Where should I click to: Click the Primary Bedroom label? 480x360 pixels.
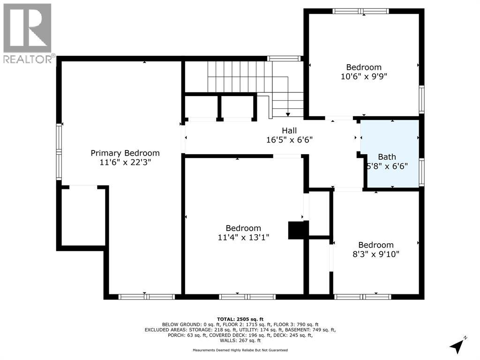pyautogui.click(x=125, y=153)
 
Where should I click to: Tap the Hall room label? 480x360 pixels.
pyautogui.click(x=289, y=131)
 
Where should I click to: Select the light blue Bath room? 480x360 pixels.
pyautogui.click(x=390, y=153)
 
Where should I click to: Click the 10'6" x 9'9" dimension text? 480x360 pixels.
pyautogui.click(x=364, y=76)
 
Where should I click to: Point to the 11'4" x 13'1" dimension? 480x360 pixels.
pyautogui.click(x=243, y=237)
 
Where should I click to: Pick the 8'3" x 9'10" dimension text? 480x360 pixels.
pyautogui.click(x=376, y=254)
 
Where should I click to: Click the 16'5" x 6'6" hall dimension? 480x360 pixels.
pyautogui.click(x=289, y=140)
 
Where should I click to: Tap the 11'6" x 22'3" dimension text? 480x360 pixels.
pyautogui.click(x=125, y=162)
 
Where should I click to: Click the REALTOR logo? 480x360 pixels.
pyautogui.click(x=28, y=33)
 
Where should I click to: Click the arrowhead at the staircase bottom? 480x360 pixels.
pyautogui.click(x=288, y=114)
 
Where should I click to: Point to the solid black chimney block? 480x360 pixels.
pyautogui.click(x=298, y=230)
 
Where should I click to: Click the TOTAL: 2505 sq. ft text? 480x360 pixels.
pyautogui.click(x=240, y=319)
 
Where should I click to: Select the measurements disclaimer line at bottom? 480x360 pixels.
pyautogui.click(x=240, y=350)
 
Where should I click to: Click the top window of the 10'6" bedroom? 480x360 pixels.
pyautogui.click(x=360, y=11)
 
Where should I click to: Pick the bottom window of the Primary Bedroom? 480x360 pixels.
pyautogui.click(x=147, y=297)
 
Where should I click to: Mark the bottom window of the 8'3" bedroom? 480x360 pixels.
pyautogui.click(x=363, y=297)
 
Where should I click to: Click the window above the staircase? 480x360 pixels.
pyautogui.click(x=284, y=59)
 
